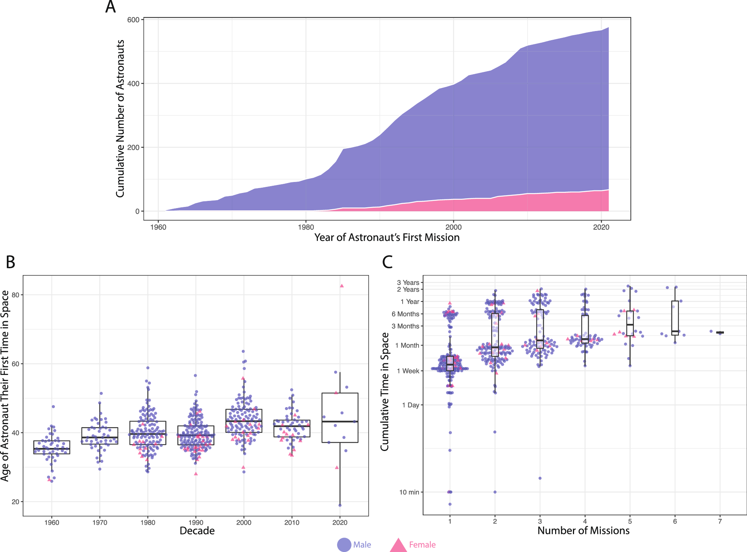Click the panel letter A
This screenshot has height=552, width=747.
click(110, 7)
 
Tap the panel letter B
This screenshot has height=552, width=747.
click(11, 262)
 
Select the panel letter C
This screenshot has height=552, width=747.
click(387, 262)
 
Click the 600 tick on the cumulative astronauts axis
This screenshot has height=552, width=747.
click(133, 20)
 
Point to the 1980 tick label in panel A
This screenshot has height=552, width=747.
click(306, 227)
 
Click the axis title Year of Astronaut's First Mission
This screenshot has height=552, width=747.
click(387, 238)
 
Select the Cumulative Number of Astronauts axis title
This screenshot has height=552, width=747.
click(120, 118)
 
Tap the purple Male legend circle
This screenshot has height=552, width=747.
click(344, 545)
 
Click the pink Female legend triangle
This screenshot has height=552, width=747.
click(398, 545)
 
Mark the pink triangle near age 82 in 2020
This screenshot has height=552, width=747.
click(342, 286)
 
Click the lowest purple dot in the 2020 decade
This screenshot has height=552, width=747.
click(340, 505)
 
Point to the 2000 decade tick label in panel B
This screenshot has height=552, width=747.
click(244, 523)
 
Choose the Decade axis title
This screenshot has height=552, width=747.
click(197, 531)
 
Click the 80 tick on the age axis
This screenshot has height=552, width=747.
click(16, 295)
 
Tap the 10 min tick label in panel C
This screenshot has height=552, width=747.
click(409, 492)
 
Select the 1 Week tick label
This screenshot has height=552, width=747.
click(408, 371)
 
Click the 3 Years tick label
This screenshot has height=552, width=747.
click(408, 283)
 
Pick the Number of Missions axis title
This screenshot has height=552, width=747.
click(583, 531)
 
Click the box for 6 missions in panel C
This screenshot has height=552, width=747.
click(675, 318)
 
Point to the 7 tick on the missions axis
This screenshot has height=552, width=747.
click(720, 521)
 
